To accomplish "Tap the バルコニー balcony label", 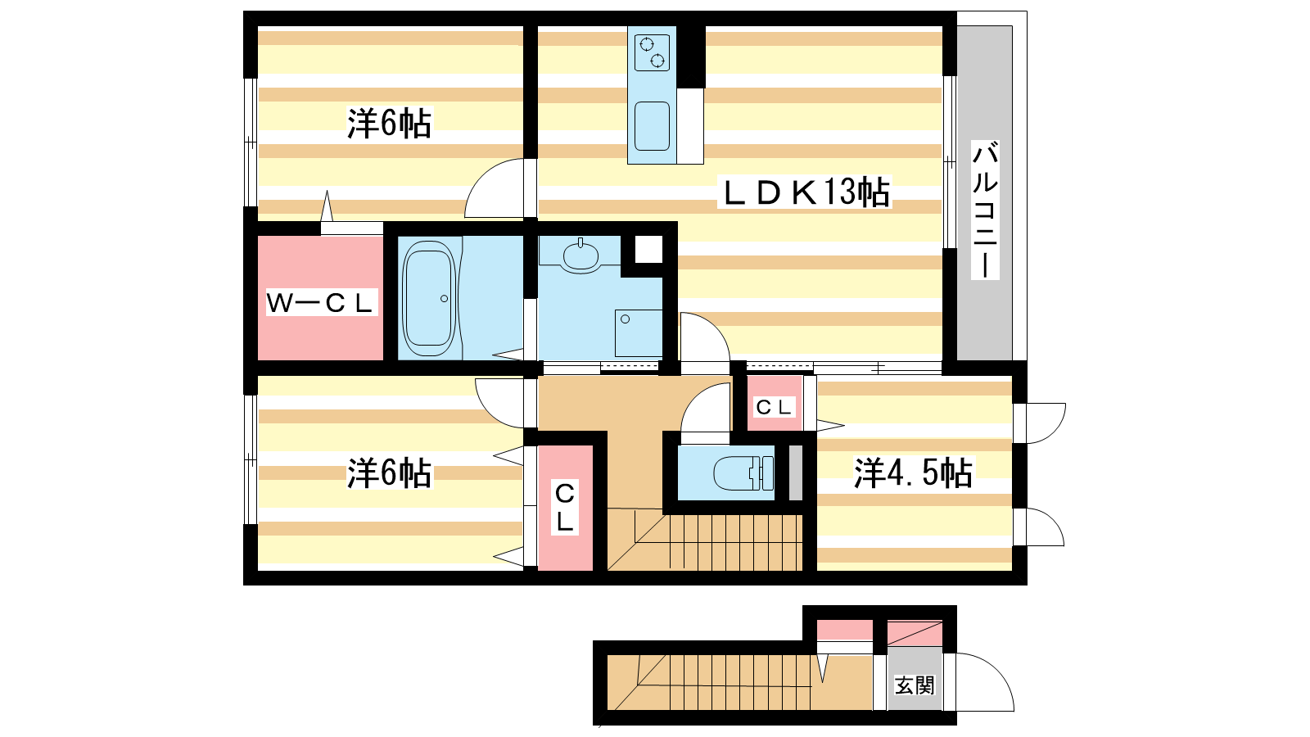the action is click(986, 209).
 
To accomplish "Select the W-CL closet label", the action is click(320, 303).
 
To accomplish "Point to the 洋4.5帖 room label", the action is click(913, 472).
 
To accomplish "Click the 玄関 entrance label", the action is click(915, 685).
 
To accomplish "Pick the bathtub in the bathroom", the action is click(429, 298).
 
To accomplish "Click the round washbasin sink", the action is click(580, 255).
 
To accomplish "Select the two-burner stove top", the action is click(652, 52).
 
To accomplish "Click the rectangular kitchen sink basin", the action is click(652, 126).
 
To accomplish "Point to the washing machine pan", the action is click(638, 332).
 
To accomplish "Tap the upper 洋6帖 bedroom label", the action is click(390, 123).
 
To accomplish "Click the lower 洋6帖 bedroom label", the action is click(390, 472).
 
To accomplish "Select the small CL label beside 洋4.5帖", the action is click(773, 406).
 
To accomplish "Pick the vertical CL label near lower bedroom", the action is click(565, 507).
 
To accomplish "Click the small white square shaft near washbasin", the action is click(648, 250).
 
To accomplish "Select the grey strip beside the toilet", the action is click(795, 472).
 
